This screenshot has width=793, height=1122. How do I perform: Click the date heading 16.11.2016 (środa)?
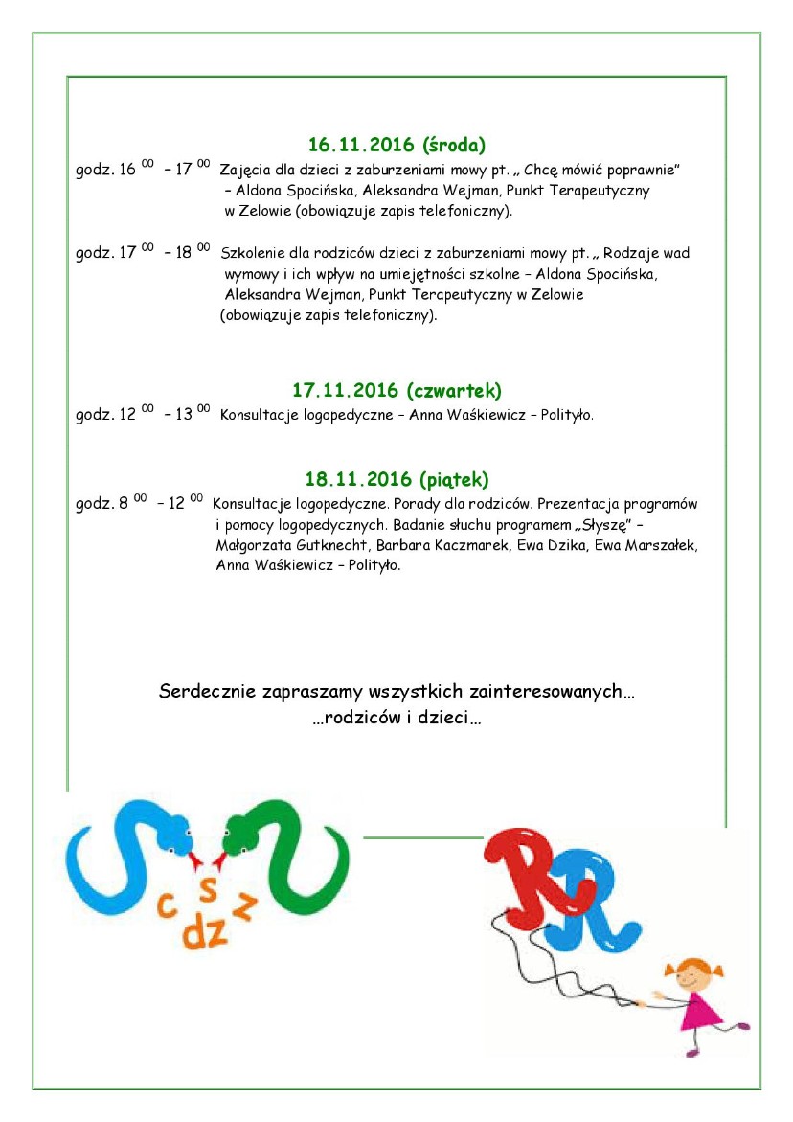click(x=396, y=146)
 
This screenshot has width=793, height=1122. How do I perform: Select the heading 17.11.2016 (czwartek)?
click(x=396, y=391)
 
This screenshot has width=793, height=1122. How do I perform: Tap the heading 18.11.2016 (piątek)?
click(x=396, y=478)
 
